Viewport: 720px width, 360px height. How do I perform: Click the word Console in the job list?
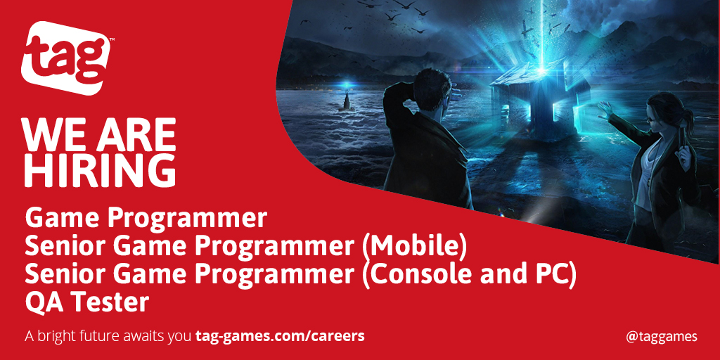point(412,274)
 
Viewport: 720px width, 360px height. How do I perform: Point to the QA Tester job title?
point(87,302)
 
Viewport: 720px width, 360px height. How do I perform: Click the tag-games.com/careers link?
point(280,335)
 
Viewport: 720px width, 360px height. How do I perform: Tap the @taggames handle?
point(661,336)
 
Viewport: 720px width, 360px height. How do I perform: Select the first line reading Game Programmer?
point(146,218)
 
